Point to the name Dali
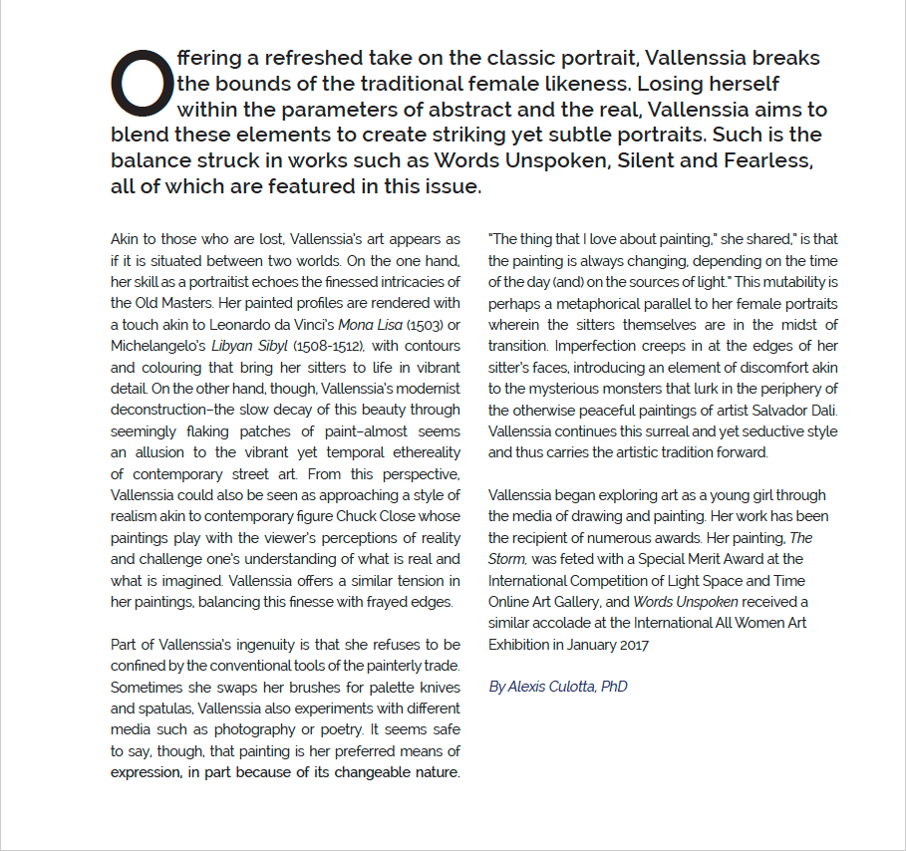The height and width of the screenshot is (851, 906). (822, 410)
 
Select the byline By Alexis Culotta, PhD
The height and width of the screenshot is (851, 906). (557, 687)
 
